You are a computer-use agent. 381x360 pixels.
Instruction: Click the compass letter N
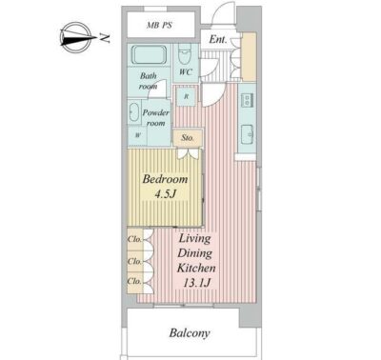tap(105, 38)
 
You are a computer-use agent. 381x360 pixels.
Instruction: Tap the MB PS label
tap(160, 26)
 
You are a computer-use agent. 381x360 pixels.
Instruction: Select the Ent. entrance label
tap(218, 39)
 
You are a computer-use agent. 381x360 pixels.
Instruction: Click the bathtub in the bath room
tap(149, 55)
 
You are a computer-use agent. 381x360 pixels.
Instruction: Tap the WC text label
tap(186, 71)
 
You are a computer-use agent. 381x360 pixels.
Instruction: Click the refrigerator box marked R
tap(187, 96)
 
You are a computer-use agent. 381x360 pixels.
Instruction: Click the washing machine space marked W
tap(137, 135)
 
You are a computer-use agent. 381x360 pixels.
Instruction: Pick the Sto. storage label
tap(188, 138)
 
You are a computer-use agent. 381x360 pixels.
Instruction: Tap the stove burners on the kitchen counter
tap(247, 100)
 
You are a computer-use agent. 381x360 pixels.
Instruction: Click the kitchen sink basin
tap(247, 134)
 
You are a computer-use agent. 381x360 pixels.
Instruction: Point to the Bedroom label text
tap(165, 179)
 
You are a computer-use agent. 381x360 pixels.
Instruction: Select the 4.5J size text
tap(165, 194)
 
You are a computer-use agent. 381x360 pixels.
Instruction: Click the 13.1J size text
tap(197, 282)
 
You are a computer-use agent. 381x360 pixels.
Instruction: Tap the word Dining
tap(195, 253)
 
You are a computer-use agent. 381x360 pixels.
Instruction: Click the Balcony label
tap(190, 333)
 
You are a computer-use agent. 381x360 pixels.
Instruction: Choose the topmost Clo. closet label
tap(134, 239)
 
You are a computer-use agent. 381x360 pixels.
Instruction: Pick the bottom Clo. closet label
tap(134, 281)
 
